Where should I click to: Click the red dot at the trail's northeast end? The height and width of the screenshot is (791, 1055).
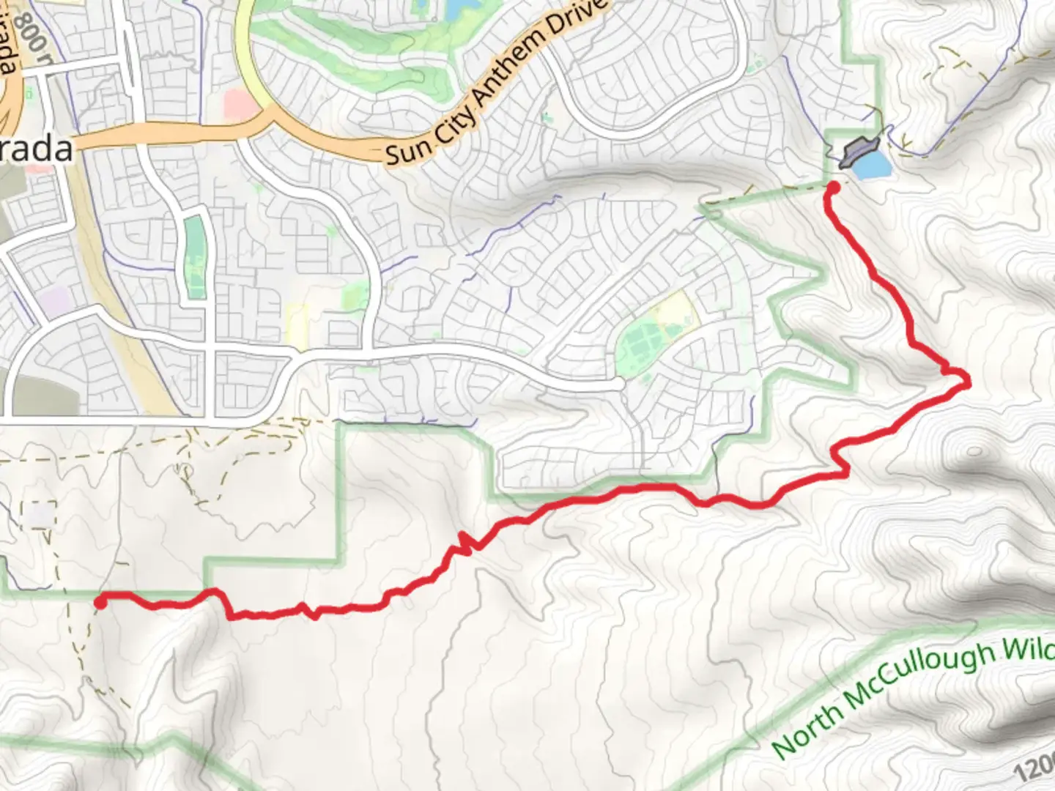click(x=833, y=188)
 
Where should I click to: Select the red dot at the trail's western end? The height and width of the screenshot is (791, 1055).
click(x=100, y=602)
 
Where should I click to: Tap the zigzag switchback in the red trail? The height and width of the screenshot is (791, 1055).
click(x=464, y=543)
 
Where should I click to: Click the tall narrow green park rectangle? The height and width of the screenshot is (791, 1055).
click(x=195, y=256)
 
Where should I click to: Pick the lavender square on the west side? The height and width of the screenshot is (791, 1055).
click(x=54, y=301)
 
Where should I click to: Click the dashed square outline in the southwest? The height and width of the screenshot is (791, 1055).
click(x=40, y=514)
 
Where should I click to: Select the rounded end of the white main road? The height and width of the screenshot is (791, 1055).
click(x=618, y=383)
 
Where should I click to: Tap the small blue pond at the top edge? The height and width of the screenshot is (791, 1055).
click(x=457, y=7)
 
